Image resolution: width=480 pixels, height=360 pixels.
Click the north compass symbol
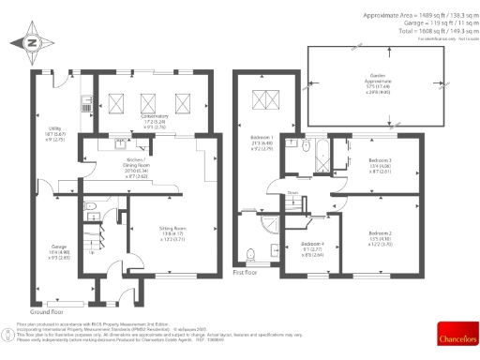point(31,41)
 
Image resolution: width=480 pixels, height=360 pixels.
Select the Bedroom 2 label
point(380,236)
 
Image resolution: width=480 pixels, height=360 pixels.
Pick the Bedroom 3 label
point(380,166)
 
